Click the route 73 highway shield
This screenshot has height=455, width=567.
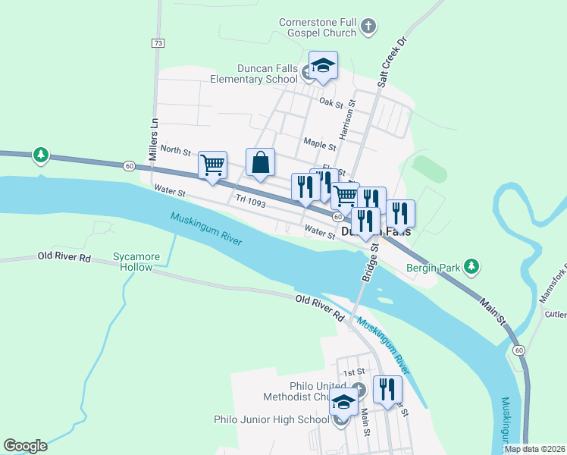pyautogui.click(x=158, y=43)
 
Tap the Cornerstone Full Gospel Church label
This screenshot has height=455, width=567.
pyautogui.click(x=317, y=28)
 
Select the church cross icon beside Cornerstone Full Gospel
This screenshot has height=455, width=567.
pyautogui.click(x=368, y=27)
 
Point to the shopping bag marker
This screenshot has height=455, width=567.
pyautogui.click(x=260, y=162)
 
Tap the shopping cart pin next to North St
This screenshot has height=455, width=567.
pyautogui.click(x=213, y=164)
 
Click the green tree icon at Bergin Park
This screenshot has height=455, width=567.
pyautogui.click(x=472, y=266)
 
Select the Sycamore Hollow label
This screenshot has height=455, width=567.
pyautogui.click(x=136, y=262)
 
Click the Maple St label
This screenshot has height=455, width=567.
pyautogui.click(x=319, y=143)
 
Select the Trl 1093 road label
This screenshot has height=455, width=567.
pyautogui.click(x=252, y=200)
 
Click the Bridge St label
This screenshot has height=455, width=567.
pyautogui.click(x=369, y=263)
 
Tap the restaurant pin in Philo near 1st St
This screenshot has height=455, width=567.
pyautogui.click(x=387, y=390)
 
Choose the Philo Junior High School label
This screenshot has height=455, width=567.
pyautogui.click(x=271, y=419)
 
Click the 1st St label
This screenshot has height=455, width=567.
pyautogui.click(x=354, y=372)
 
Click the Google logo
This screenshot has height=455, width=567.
pyautogui.click(x=25, y=446)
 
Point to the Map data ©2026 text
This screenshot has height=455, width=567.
pyautogui.click(x=534, y=449)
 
